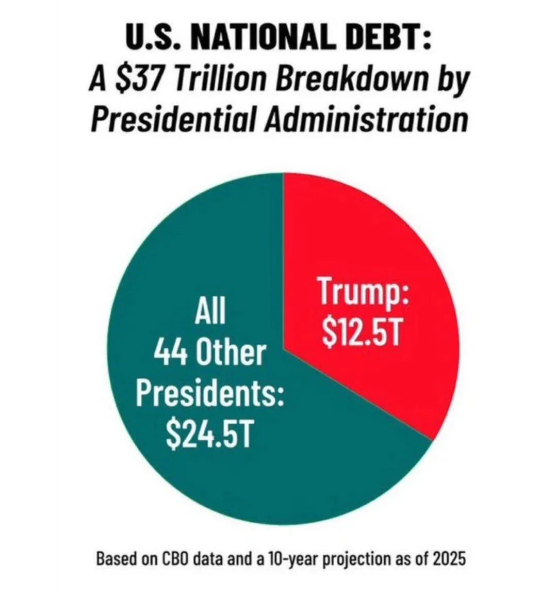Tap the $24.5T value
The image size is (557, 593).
209,435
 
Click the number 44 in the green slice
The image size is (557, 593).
171,353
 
